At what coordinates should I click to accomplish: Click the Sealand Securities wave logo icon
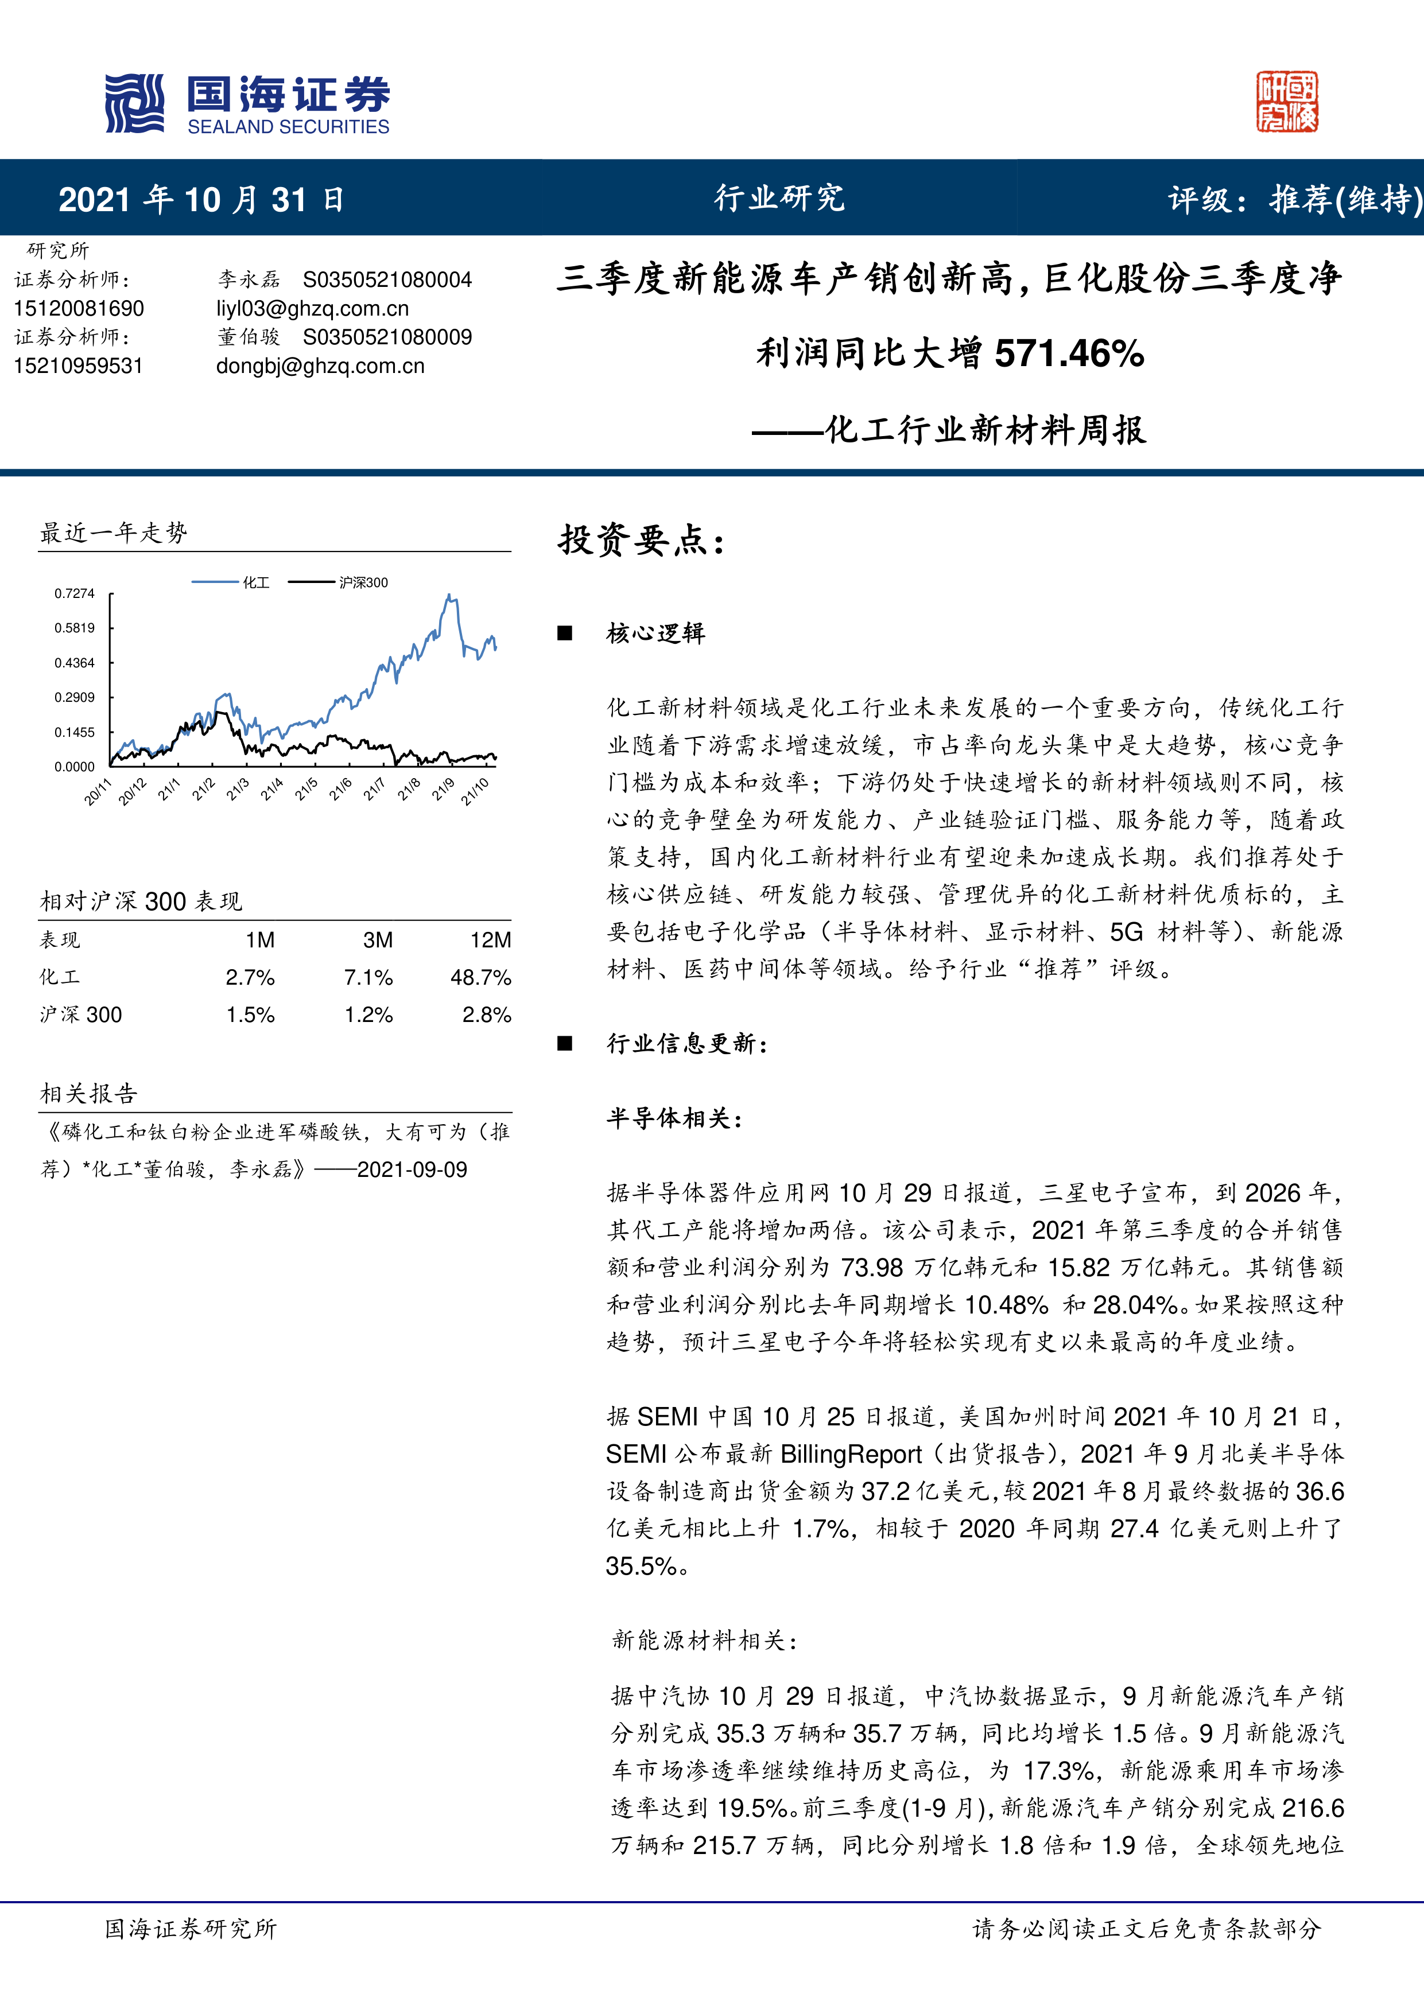pos(134,103)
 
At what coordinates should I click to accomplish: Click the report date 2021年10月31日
pos(201,200)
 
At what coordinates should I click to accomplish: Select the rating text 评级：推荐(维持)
pos(1293,200)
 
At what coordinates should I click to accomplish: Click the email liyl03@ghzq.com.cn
pos(312,309)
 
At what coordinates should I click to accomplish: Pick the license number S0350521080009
pos(387,337)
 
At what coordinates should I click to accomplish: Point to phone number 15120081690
pos(79,309)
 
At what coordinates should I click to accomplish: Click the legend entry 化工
pos(256,582)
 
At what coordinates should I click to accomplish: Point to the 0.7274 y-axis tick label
pos(75,593)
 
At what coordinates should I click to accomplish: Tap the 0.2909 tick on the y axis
pos(75,698)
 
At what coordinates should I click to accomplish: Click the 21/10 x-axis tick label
pos(475,792)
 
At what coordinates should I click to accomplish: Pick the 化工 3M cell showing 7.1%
pos(368,978)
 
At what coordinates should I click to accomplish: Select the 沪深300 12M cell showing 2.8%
pos(487,1015)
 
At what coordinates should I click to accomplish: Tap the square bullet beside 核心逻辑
pos(565,633)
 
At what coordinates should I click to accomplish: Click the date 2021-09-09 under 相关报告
pos(412,1169)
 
